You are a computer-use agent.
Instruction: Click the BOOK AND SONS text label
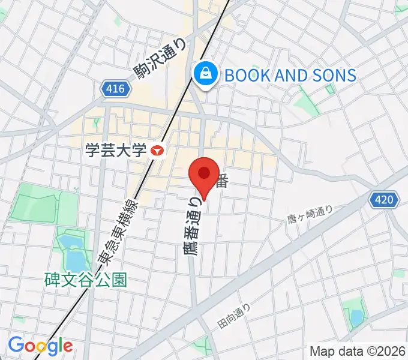coord(290,75)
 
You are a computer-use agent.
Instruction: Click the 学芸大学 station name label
coord(115,150)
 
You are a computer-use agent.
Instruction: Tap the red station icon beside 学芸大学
coord(157,151)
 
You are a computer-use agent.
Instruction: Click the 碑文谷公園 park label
coord(85,280)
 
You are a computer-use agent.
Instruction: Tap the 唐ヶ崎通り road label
coord(310,217)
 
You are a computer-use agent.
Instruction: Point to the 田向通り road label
coord(234,316)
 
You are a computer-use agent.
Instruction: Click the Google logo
coord(40,346)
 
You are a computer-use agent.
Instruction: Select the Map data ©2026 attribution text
coord(358,351)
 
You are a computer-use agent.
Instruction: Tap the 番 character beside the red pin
coord(222,179)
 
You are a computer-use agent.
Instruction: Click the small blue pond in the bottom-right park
coord(355,315)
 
